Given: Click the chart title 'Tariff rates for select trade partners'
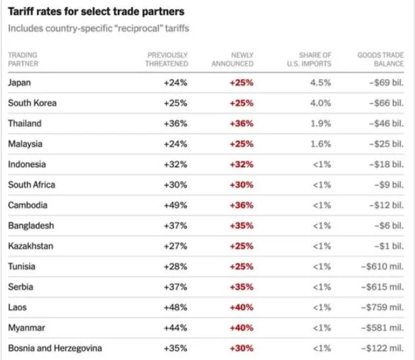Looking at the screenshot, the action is point(96,12).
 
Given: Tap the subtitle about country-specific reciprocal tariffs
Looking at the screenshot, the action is point(98,28).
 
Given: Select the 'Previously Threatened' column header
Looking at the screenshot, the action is point(167,59).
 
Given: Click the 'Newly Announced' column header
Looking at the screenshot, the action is point(233,59).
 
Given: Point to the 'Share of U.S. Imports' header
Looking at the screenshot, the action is point(309,59).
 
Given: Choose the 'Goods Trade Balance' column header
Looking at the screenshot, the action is point(381,59).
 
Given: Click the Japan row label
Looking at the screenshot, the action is point(19,83).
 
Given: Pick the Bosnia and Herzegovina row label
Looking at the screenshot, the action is point(55,348).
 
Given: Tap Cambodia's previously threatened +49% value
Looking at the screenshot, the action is point(175,205).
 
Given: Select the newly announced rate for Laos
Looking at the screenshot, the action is point(242,307).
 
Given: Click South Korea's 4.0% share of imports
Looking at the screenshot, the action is point(321,103).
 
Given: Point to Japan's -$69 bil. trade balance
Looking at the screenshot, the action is point(387,83).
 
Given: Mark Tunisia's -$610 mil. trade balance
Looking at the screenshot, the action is point(383,267).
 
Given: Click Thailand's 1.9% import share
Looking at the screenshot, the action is point(321,124).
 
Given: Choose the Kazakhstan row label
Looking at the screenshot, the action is point(30,246).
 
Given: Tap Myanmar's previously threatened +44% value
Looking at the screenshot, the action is point(175,328).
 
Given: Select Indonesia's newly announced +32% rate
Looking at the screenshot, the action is point(242,165).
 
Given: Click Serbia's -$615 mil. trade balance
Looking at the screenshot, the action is point(383,287).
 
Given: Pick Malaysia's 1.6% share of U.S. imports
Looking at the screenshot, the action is point(321,144).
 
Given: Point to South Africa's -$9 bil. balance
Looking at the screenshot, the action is point(389,185).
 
